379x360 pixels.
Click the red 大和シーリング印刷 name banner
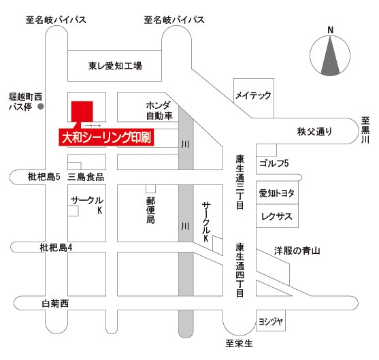tap(106, 137)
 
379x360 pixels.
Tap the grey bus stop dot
tap(41, 106)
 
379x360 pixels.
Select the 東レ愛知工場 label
tap(115, 66)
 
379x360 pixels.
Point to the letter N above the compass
tap(330, 30)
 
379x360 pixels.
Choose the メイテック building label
tap(253, 95)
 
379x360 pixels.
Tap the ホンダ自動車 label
tap(159, 111)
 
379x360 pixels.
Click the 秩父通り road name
tap(314, 132)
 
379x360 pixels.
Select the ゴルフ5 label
tap(274, 163)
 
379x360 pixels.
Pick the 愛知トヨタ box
tap(277, 193)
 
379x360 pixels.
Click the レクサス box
tap(277, 216)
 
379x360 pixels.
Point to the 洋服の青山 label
tap(297, 250)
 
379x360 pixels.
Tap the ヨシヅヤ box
tap(271, 321)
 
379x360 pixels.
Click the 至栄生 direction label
tap(239, 343)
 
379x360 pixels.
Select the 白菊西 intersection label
tap(55, 304)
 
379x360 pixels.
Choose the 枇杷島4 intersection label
tap(56, 248)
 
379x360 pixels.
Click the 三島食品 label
tap(86, 177)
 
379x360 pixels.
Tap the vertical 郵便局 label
tap(150, 210)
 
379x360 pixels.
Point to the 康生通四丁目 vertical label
tap(240, 269)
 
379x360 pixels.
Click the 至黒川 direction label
tap(365, 130)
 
